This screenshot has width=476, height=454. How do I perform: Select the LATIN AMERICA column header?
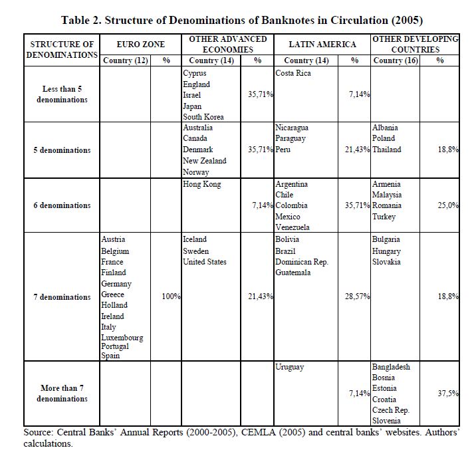(x=322, y=45)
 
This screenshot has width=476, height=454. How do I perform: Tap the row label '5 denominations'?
(x=62, y=150)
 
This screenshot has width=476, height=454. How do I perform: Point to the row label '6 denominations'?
(x=62, y=205)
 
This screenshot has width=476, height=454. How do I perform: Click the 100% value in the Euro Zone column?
(x=171, y=296)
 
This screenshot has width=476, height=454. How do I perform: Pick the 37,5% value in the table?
(x=448, y=394)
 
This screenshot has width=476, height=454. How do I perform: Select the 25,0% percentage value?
(x=448, y=205)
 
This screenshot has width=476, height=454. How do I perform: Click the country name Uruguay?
(x=290, y=367)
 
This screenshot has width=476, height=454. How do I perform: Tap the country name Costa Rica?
(x=294, y=73)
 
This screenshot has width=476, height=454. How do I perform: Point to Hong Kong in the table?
(x=201, y=184)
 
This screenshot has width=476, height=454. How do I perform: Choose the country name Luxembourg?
(x=122, y=338)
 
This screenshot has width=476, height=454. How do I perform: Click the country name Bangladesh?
(x=391, y=367)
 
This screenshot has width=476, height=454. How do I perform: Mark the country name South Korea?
(x=203, y=117)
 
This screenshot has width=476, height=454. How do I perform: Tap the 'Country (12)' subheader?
(x=126, y=60)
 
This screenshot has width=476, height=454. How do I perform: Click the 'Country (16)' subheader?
(x=397, y=60)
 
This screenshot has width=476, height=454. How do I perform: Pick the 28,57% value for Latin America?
(x=357, y=296)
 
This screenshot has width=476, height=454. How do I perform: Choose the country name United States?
(x=205, y=262)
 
